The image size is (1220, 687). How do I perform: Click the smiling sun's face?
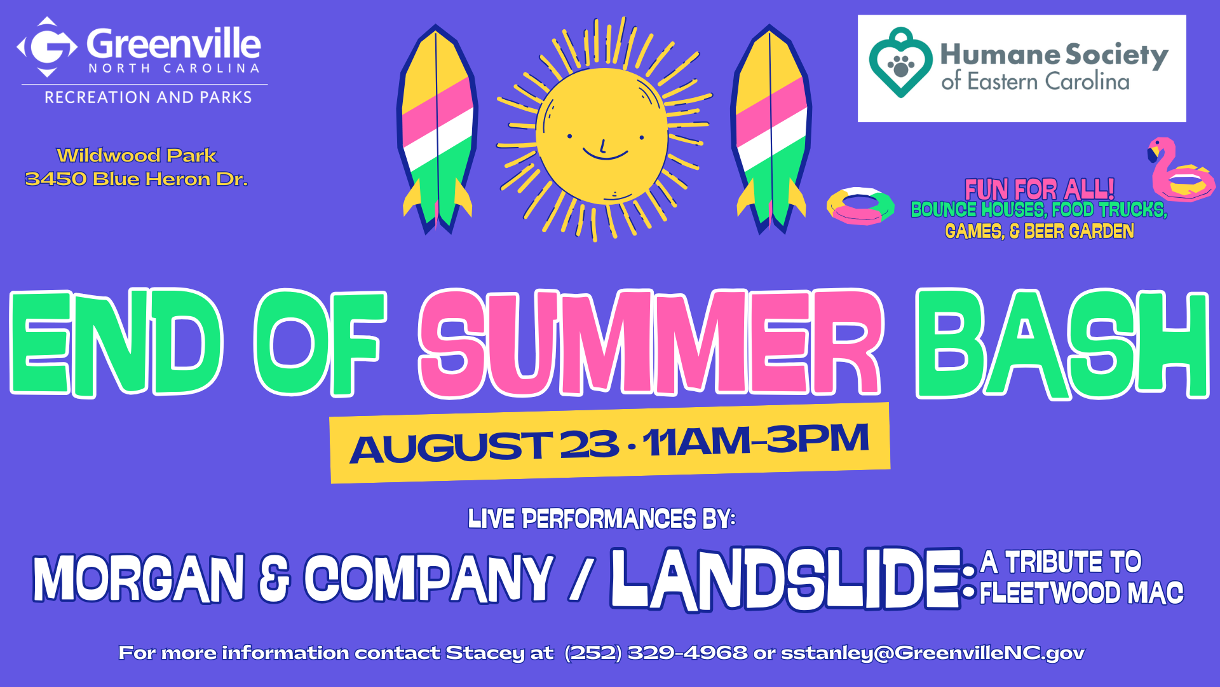coord(602,136)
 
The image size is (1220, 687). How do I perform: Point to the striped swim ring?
coord(860,205)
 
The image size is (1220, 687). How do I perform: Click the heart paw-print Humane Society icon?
coord(901,62)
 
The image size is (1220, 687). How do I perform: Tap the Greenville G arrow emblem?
coord(47,46)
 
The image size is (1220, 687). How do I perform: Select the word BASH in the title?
coord(1062,343)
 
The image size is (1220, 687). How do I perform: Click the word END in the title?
coord(116,343)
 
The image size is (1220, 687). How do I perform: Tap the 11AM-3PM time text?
coord(756,440)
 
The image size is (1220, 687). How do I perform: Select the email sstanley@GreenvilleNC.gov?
coord(933,653)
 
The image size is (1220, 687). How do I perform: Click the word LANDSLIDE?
coord(785,579)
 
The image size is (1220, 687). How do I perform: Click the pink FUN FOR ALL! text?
coord(1040,189)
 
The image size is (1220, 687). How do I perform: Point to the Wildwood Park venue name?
coord(137,155)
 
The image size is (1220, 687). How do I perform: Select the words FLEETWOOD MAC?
coord(1081,593)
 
